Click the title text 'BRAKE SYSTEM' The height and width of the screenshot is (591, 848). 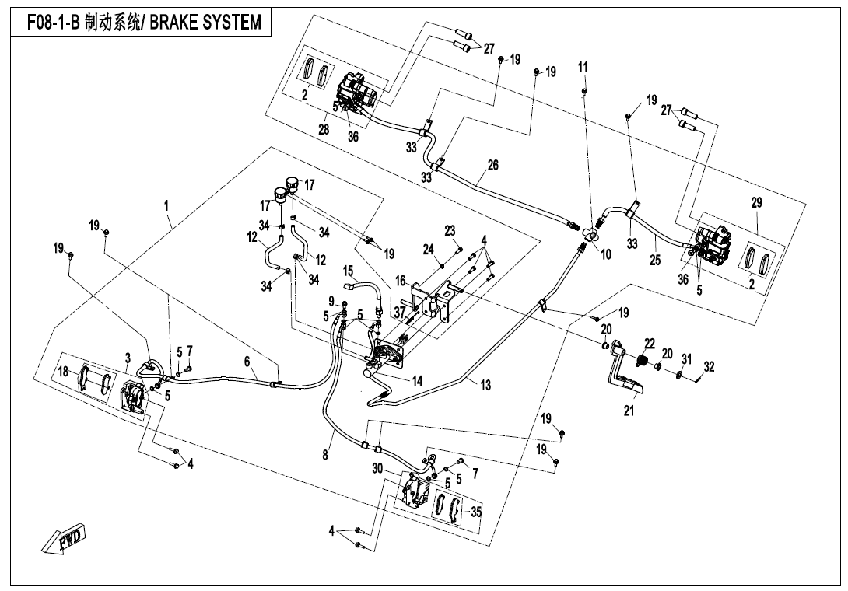(x=205, y=22)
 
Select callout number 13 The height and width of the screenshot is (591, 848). (x=485, y=386)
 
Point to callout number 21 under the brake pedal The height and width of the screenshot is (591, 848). (x=629, y=411)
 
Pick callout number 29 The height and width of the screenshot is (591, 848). (x=757, y=202)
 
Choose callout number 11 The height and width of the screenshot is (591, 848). (x=582, y=68)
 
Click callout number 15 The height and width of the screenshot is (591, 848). (x=349, y=271)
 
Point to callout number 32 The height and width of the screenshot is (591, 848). (x=708, y=366)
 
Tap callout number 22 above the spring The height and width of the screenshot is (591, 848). (x=649, y=344)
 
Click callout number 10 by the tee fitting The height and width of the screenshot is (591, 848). (x=606, y=254)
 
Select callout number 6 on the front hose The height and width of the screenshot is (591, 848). (x=247, y=362)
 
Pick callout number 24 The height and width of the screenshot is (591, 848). (x=427, y=250)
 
